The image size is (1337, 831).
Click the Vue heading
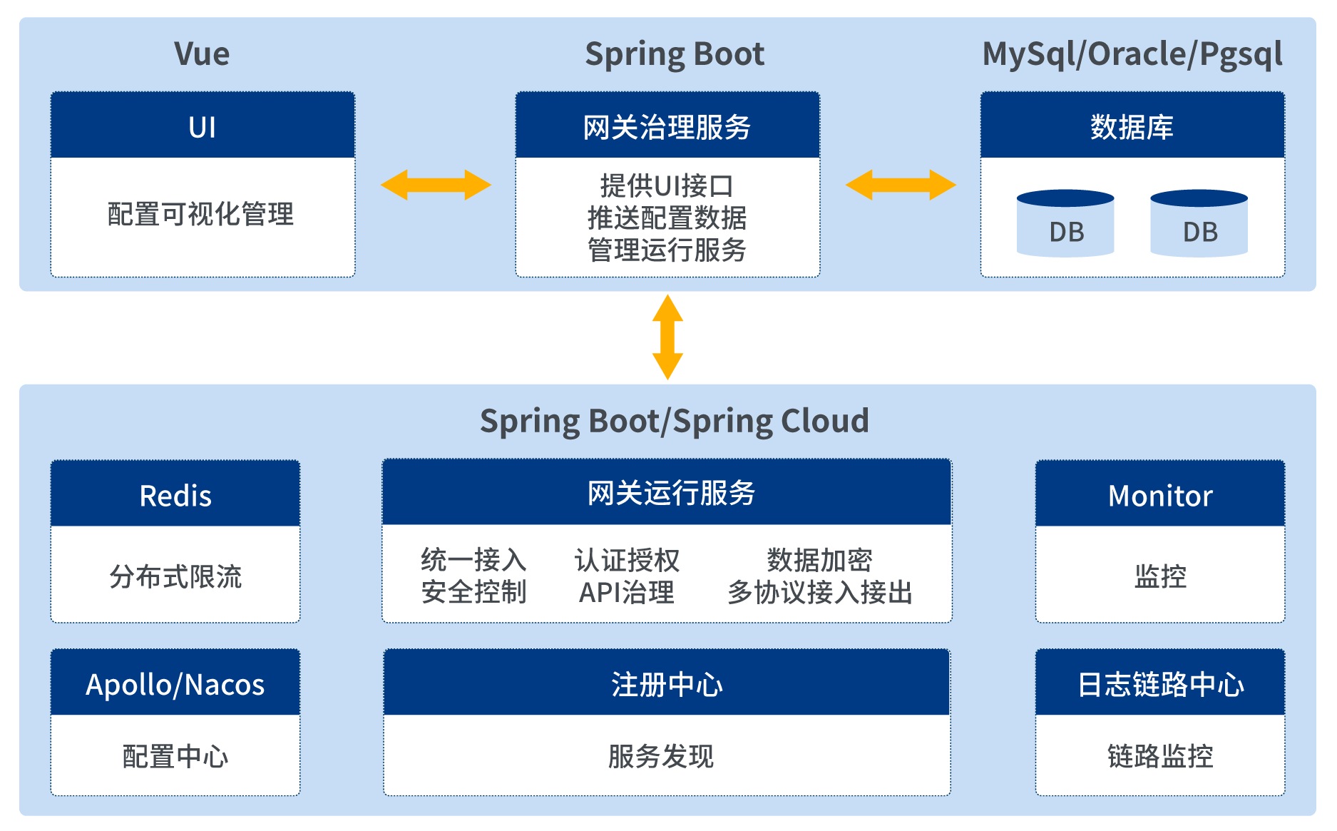[202, 54]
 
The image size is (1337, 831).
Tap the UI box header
[203, 126]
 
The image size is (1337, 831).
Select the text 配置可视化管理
[200, 214]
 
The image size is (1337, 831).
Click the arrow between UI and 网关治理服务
[436, 185]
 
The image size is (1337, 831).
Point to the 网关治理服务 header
[667, 126]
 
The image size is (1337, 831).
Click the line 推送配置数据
[667, 218]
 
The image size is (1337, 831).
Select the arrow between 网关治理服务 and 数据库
[901, 185]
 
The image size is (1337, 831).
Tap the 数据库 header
[1132, 126]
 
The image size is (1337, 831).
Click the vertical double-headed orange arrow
[667, 337]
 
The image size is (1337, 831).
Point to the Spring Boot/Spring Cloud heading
[675, 421]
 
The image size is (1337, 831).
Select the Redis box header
[175, 494]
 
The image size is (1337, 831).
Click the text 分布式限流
[175, 576]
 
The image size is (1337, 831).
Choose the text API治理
[627, 592]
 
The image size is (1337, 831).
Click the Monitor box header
[1160, 494]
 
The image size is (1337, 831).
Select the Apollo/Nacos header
[175, 683]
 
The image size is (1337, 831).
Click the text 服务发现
[661, 756]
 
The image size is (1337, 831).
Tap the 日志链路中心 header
[1160, 683]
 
